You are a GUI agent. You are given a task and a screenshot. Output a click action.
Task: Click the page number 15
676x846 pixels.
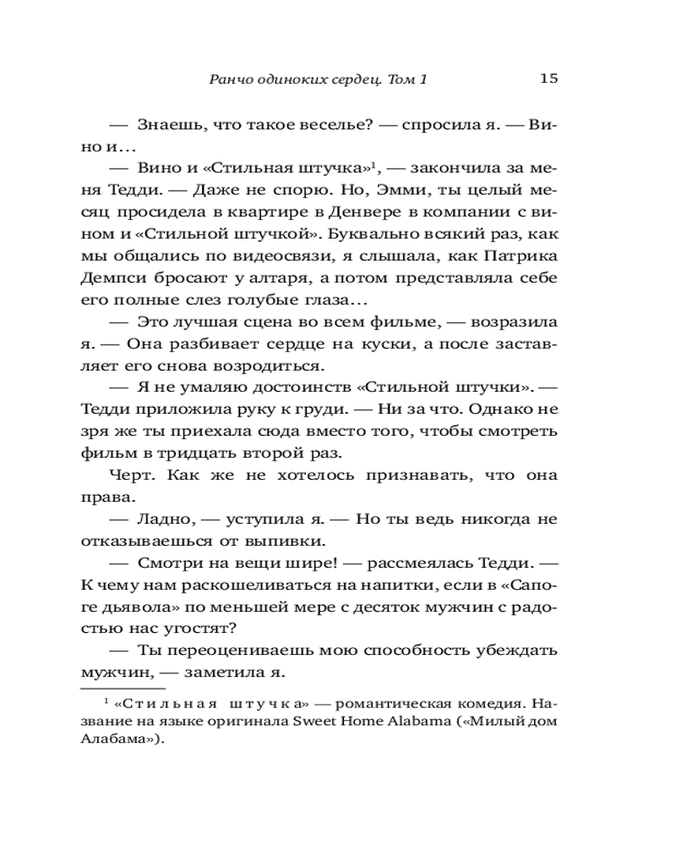(x=548, y=79)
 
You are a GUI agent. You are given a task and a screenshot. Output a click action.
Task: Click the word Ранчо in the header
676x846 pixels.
(x=229, y=80)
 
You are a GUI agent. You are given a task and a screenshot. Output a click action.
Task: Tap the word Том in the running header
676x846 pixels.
(x=407, y=80)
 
